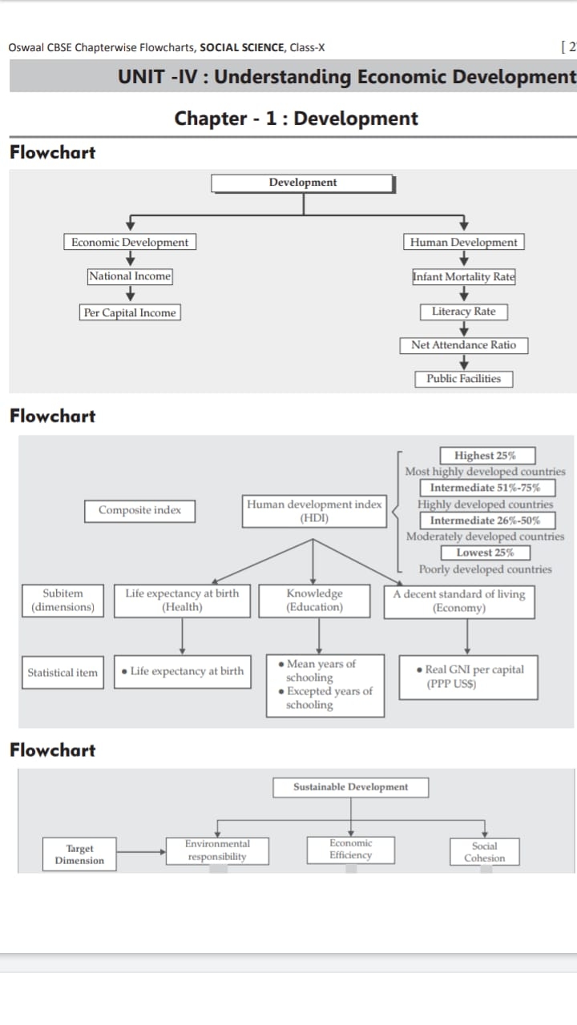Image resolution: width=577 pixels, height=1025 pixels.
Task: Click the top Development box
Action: coord(303,183)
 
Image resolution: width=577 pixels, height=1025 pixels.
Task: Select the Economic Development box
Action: coord(130,242)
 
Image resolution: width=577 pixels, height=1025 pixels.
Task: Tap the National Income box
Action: coord(130,276)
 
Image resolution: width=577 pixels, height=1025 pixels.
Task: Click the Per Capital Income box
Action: coord(130,312)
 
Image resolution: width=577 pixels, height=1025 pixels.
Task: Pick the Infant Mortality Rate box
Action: coord(464,276)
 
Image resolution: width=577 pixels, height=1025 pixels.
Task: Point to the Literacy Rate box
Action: coord(464,312)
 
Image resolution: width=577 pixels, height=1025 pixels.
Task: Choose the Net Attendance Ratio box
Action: coord(464,345)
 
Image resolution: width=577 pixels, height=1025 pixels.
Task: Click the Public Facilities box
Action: coord(464,379)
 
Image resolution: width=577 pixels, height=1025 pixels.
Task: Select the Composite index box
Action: coord(140,510)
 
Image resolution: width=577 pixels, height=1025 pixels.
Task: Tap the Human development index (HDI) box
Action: coord(314,511)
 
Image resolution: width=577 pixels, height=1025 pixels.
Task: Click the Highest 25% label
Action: coord(485,456)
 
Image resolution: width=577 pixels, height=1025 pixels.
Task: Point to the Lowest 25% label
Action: coord(485,553)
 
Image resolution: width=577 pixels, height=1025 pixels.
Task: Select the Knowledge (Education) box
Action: coord(314,601)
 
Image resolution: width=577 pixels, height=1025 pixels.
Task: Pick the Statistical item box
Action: coord(63,673)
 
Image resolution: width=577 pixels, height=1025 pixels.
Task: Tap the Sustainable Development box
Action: coord(350,787)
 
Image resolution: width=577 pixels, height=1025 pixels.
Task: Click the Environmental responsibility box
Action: coord(217,850)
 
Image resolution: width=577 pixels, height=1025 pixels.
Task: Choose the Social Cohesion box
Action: coord(485,852)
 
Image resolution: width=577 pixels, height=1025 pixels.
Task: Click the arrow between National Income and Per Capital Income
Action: coord(130,294)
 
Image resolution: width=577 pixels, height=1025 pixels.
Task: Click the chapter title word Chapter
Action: coord(211,119)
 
